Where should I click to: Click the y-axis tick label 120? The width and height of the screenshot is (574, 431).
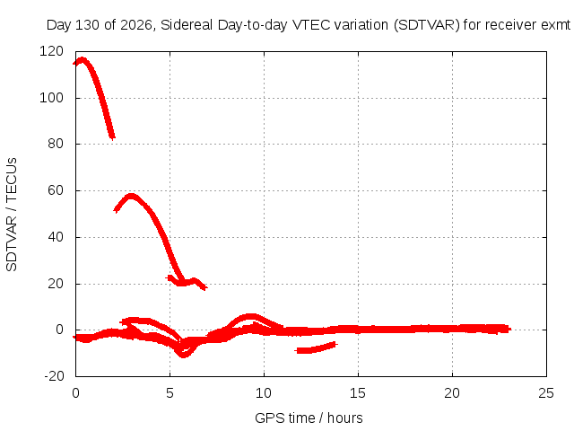pos(51,51)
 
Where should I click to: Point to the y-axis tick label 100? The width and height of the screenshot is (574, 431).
pos(51,98)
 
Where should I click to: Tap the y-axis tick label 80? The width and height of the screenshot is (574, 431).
pos(56,144)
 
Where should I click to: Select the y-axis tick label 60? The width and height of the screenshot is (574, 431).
pos(56,190)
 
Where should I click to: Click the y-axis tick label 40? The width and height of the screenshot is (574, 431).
pos(56,237)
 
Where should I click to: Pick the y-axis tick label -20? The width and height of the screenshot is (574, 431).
pos(54,376)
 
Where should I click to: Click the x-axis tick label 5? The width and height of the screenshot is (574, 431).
pos(170,393)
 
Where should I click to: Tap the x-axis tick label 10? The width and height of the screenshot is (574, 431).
pos(264,393)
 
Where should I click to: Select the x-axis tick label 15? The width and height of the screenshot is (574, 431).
pos(358,393)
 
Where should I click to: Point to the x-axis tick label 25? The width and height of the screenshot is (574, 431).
pos(546,393)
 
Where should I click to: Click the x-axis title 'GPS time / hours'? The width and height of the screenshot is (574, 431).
pos(309,418)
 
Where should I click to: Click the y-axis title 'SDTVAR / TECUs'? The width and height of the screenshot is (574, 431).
pos(12,215)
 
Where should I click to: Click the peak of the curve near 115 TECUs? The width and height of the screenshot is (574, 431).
pos(82,60)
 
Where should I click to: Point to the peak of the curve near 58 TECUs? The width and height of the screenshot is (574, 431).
pos(131,196)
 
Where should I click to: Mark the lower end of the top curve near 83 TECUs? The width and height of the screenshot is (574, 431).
pos(112,137)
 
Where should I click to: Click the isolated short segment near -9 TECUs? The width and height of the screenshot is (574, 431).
pos(316,347)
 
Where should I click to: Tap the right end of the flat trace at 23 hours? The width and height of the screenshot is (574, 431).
pos(509,330)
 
